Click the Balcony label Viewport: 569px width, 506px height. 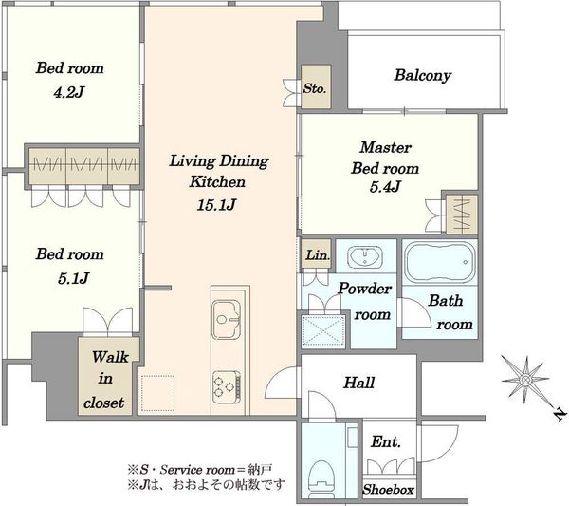coord(423,76)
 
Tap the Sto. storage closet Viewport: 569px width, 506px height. coord(316,86)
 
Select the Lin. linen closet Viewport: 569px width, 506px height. coord(316,253)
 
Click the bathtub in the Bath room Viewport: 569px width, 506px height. coord(439,263)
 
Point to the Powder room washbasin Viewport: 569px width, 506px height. coord(365,256)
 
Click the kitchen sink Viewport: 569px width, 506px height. coord(226,319)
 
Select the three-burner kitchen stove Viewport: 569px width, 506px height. coord(227,386)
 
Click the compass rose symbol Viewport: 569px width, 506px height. coord(525,381)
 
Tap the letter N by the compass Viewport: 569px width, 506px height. coord(560,414)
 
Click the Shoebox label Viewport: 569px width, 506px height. coord(388,490)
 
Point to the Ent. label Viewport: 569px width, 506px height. coord(386,442)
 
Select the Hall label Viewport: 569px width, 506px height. coord(358,383)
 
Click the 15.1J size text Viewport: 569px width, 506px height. coord(216,205)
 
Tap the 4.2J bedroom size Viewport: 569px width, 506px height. coord(69,93)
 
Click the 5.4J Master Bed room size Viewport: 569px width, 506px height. coord(385,187)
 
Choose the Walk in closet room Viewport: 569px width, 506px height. coord(109,376)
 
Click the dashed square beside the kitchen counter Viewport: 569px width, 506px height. coord(157,393)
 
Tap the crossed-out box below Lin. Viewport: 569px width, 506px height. coord(323,331)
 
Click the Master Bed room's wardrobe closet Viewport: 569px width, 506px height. coord(462,215)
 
